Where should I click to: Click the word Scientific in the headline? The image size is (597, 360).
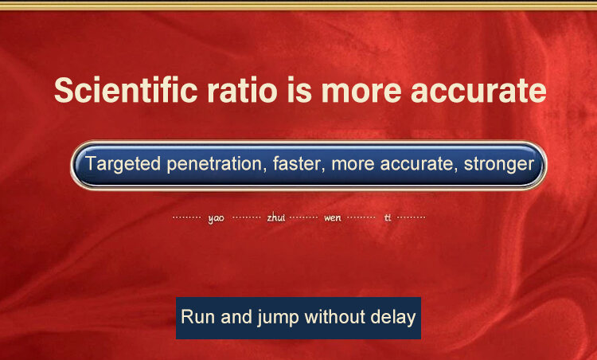click(126, 90)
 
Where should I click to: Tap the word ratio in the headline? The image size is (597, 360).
click(242, 90)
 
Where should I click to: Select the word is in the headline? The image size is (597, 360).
click(299, 90)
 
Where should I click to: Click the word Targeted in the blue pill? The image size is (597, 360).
click(123, 164)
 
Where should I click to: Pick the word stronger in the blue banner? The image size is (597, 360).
click(499, 165)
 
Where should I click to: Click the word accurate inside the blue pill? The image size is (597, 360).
click(419, 164)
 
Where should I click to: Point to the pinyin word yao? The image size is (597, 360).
click(216, 218)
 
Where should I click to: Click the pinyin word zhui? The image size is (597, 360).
click(275, 217)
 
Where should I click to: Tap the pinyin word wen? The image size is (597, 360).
click(333, 218)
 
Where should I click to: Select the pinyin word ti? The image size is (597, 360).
click(388, 217)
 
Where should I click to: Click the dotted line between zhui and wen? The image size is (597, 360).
click(303, 217)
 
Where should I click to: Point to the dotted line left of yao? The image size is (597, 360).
click(186, 217)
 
